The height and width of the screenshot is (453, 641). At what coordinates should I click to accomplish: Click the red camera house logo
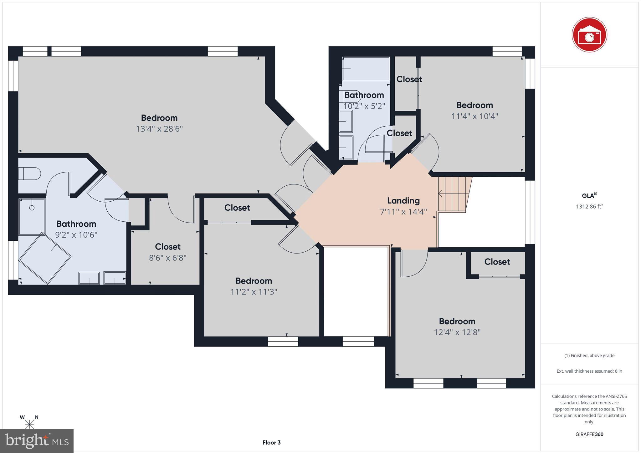(x=589, y=35)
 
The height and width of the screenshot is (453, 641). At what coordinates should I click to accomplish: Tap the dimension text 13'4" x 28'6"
(x=159, y=129)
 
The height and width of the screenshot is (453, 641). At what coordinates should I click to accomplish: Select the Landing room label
(x=403, y=201)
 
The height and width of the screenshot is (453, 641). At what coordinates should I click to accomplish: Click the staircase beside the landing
(x=454, y=194)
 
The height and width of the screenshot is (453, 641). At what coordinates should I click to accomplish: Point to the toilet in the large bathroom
(x=29, y=174)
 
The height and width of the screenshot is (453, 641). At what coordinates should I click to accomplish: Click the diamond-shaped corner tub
(x=45, y=258)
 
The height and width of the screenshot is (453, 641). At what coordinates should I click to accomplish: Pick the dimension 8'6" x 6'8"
(x=167, y=258)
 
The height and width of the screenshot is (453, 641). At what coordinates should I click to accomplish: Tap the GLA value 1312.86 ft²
(x=589, y=206)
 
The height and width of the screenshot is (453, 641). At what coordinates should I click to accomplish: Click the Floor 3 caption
(x=271, y=442)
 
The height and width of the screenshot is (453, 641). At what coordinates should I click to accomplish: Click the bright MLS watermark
(x=37, y=441)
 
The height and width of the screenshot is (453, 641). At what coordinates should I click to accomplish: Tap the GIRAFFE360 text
(x=589, y=434)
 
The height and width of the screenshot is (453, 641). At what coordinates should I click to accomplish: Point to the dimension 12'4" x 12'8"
(x=457, y=332)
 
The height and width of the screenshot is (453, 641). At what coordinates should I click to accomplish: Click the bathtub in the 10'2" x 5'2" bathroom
(x=366, y=69)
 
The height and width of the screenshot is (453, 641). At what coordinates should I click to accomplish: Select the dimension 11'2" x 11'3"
(x=254, y=292)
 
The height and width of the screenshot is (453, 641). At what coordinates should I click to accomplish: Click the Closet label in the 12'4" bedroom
(x=497, y=262)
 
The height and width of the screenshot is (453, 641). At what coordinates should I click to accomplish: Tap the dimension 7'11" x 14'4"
(x=403, y=212)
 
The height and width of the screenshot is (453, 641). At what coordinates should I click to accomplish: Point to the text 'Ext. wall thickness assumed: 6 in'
(x=589, y=371)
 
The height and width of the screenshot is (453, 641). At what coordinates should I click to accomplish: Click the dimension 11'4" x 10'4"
(x=474, y=116)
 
